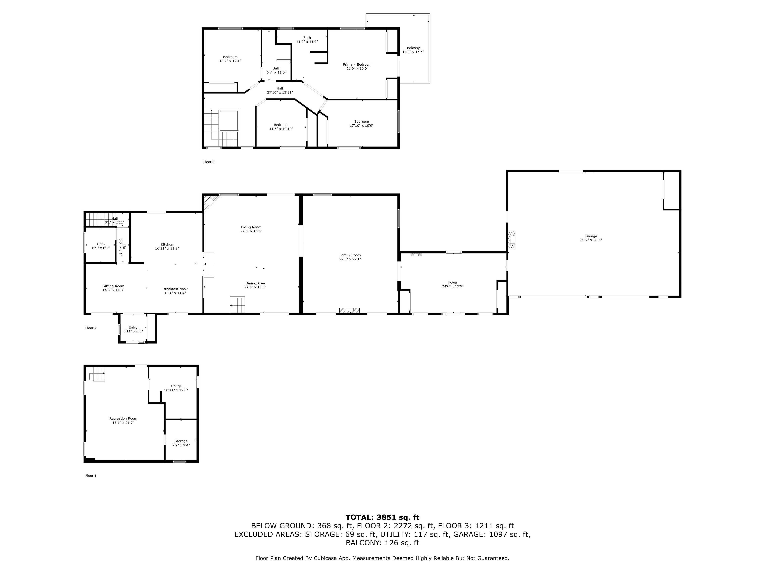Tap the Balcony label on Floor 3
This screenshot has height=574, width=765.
tap(413, 48)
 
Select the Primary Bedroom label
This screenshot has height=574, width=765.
tap(357, 64)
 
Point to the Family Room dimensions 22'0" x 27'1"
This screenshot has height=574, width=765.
tap(350, 259)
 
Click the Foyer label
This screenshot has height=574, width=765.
tap(453, 283)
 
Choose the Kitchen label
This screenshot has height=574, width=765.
tap(167, 245)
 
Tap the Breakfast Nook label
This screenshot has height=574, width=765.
tap(175, 289)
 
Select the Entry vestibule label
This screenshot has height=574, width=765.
tap(133, 327)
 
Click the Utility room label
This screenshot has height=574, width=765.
tap(176, 386)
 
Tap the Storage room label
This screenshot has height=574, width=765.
tap(181, 441)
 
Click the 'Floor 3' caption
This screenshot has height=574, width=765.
tap(209, 162)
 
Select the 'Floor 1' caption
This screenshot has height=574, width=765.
tap(91, 476)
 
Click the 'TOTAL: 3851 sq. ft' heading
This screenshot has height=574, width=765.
tap(382, 517)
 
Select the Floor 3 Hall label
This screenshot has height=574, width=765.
tap(280, 88)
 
